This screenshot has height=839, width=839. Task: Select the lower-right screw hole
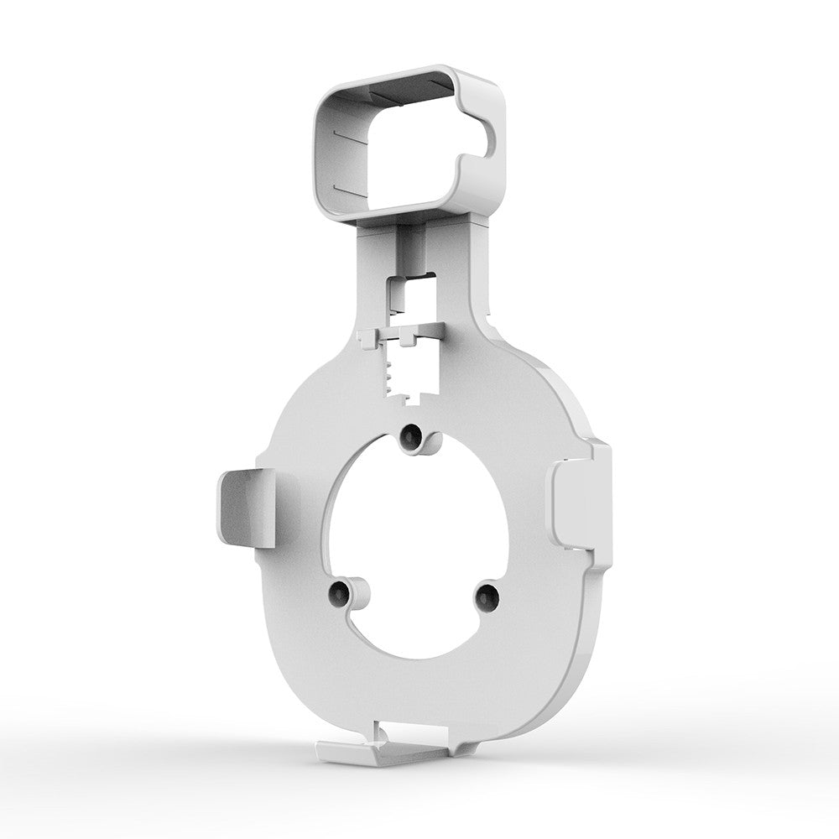coord(486,597)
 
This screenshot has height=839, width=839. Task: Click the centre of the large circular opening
coord(417,545)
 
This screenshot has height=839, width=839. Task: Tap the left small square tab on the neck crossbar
coord(367,337)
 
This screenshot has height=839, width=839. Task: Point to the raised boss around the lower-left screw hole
coord(352,594)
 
